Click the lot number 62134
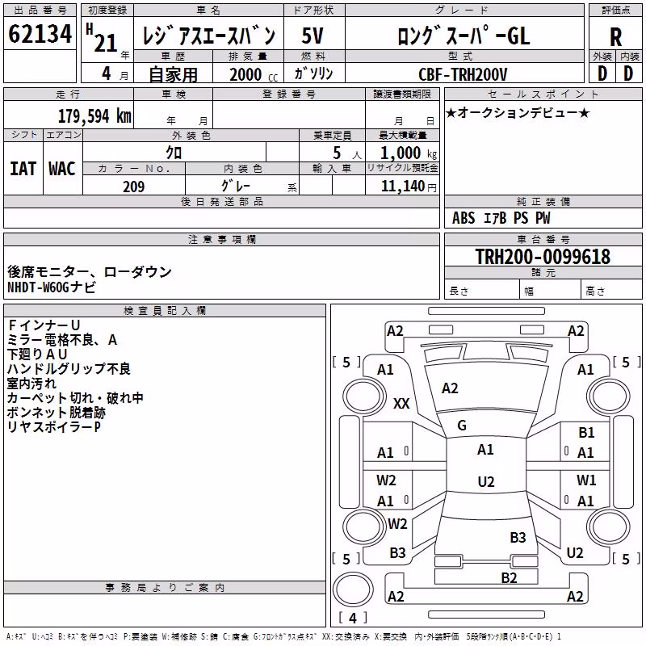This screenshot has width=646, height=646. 40,34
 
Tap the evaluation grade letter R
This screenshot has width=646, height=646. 615,37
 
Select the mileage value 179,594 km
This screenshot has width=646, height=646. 94,116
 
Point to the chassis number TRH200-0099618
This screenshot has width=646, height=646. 543,256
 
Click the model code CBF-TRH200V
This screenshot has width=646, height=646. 463,74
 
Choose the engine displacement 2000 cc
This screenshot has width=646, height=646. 254,74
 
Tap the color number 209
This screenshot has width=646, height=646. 133,187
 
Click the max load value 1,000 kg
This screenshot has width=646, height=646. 409,153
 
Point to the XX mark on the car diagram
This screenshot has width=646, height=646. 401,403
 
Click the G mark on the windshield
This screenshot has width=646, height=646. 462,426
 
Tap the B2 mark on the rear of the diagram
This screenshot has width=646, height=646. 509,577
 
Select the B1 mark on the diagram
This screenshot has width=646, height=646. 586,432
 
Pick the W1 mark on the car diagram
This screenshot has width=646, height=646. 586,480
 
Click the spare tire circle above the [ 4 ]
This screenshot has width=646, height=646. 353,589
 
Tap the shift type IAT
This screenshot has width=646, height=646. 23,169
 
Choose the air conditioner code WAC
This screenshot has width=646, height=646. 62,169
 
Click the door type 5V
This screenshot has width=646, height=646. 313,36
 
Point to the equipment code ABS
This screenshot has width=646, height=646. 464,218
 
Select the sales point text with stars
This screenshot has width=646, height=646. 518,112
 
